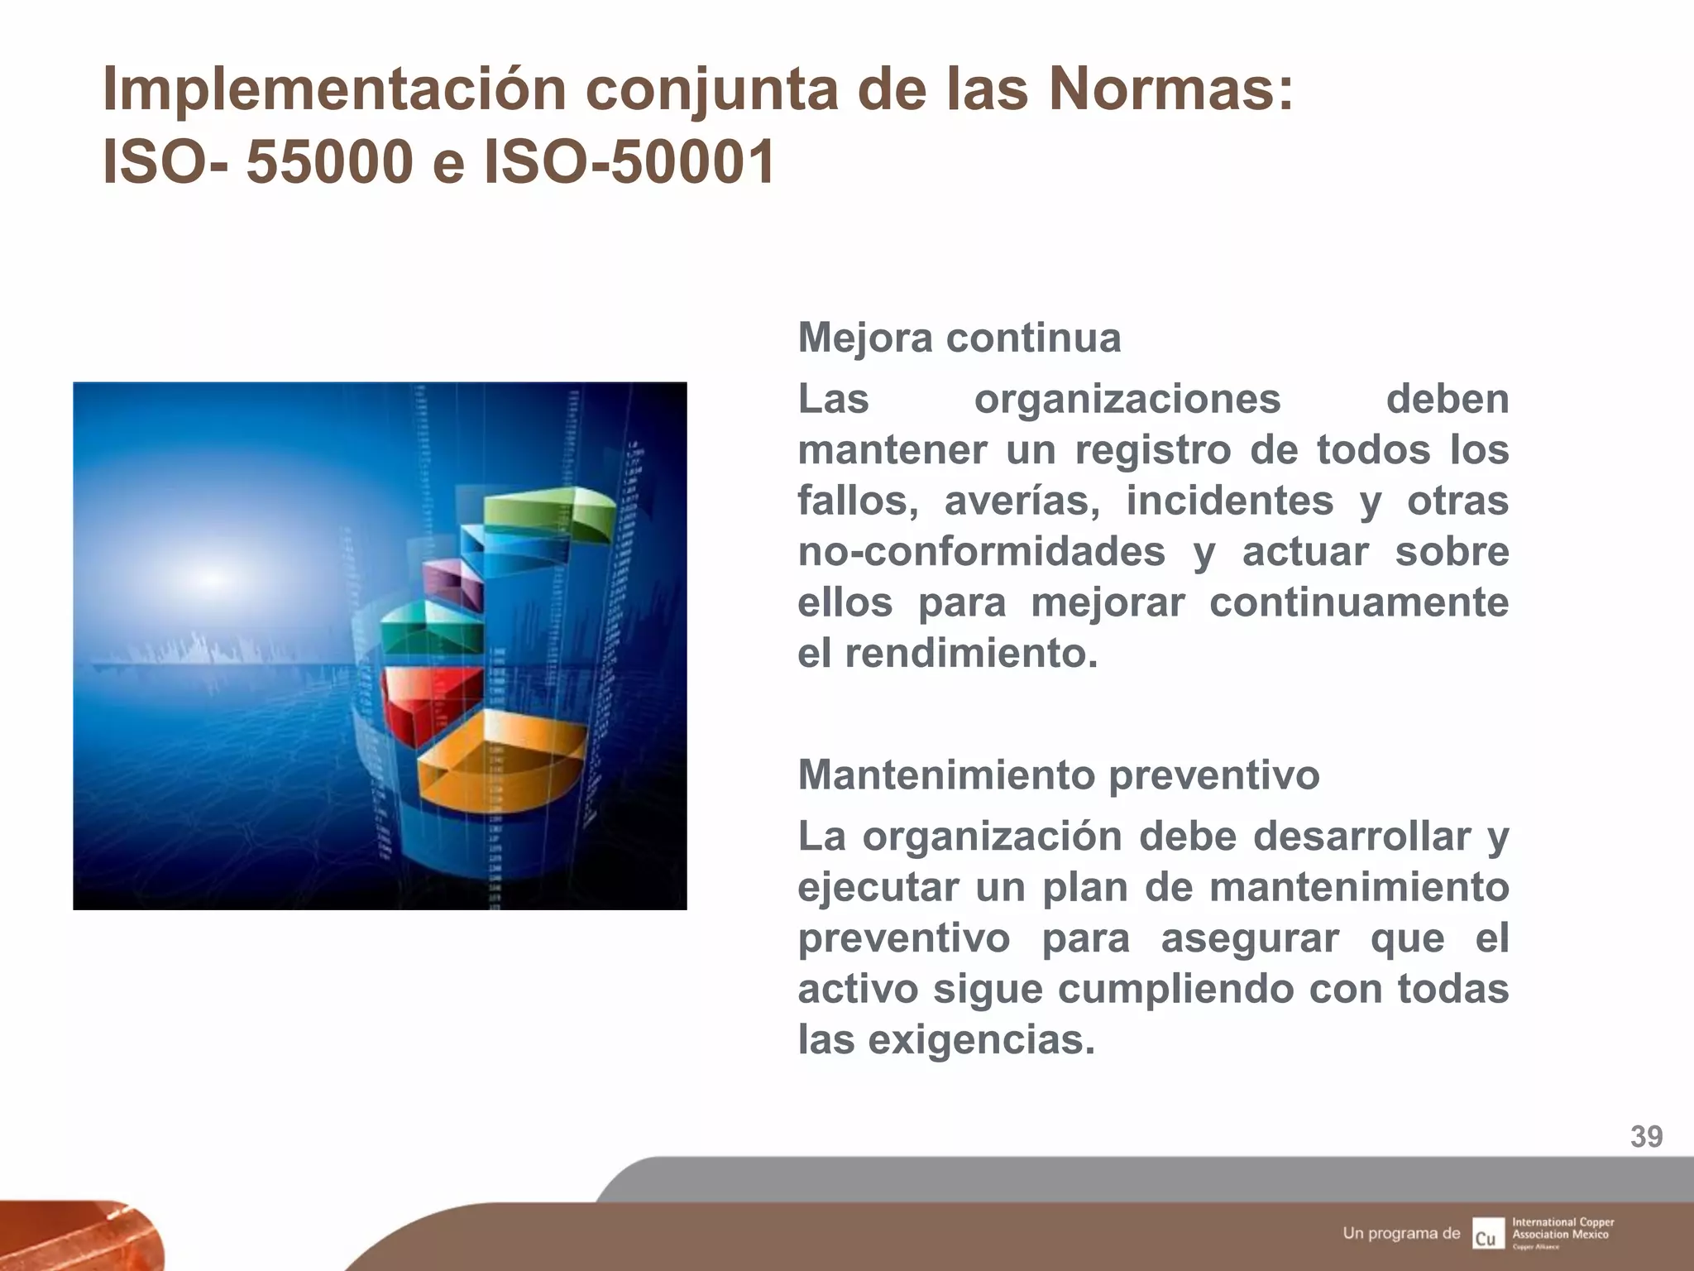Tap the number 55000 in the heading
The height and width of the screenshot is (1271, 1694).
tap(329, 162)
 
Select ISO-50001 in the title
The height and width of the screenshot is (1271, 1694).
tap(629, 162)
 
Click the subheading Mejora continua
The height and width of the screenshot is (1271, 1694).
tap(959, 338)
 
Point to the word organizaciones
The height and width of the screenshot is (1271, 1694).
tap(1127, 400)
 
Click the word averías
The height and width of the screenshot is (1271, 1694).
tap(1022, 501)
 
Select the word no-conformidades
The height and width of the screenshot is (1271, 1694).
tap(982, 552)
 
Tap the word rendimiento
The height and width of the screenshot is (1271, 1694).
tap(971, 655)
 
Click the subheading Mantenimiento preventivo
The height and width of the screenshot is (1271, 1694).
tap(1058, 775)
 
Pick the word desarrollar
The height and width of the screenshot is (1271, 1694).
tap(1361, 837)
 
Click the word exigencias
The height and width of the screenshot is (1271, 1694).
tap(981, 1040)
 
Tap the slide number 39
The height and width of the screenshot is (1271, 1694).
tap(1646, 1137)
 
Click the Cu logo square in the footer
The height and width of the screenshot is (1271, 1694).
tap(1487, 1233)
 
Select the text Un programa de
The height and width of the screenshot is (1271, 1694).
tap(1401, 1234)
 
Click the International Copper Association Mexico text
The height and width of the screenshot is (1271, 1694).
tap(1562, 1229)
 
